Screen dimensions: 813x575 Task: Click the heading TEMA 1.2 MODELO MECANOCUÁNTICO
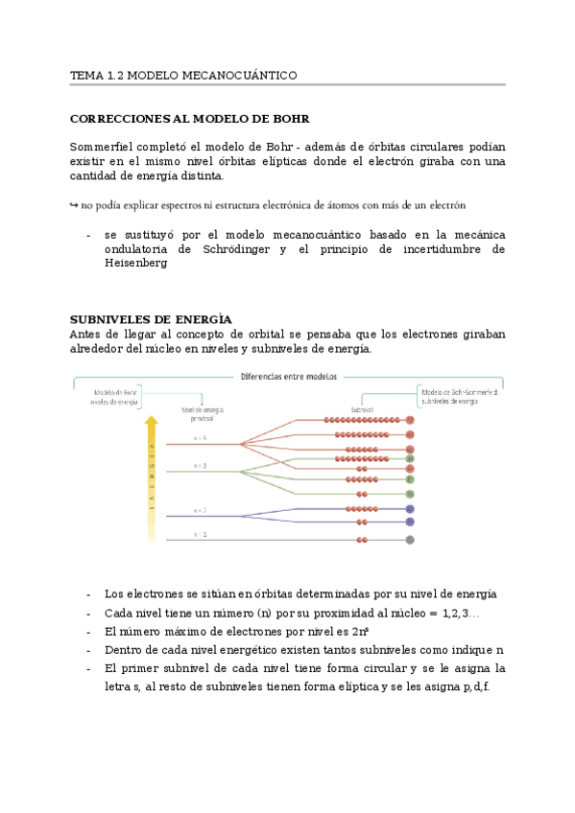(183, 75)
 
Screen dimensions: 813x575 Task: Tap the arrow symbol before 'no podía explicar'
(74, 205)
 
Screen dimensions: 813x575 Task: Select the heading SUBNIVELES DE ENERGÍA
(151, 319)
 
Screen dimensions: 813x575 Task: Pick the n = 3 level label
(200, 466)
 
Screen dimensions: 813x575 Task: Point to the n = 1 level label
(200, 533)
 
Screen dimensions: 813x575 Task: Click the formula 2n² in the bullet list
(361, 632)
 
